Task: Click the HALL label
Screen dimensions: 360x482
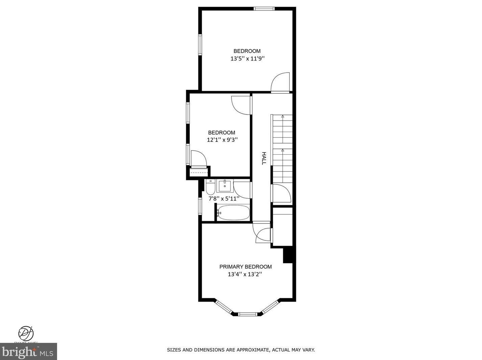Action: point(264,158)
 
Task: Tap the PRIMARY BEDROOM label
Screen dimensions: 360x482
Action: point(245,267)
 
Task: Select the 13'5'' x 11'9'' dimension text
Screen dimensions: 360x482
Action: point(247,59)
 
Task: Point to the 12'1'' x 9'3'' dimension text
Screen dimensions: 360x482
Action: point(222,140)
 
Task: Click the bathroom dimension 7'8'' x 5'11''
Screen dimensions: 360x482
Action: point(224,199)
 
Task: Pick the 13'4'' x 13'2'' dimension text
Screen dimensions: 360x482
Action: point(245,274)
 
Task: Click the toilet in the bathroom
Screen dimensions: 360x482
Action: point(211,188)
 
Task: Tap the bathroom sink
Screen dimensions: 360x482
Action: point(225,186)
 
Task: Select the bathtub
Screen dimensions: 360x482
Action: point(233,213)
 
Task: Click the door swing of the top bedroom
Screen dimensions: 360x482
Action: point(281,82)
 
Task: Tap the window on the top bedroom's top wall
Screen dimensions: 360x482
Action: point(264,9)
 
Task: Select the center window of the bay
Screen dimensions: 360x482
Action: point(247,314)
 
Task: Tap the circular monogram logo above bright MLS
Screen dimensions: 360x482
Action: point(26,333)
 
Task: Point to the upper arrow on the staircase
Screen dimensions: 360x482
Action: point(283,117)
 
